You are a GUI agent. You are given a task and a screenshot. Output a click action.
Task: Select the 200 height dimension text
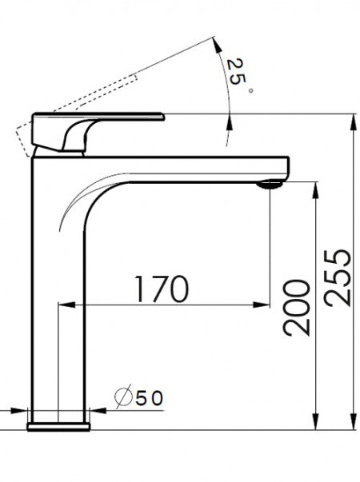[296, 308]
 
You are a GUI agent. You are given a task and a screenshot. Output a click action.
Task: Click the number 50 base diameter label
[151, 397]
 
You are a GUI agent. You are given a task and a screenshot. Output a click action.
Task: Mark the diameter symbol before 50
[123, 397]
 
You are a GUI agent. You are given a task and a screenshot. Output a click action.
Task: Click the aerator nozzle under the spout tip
[270, 185]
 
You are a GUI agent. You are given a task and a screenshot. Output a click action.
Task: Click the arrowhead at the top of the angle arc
[218, 41]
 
